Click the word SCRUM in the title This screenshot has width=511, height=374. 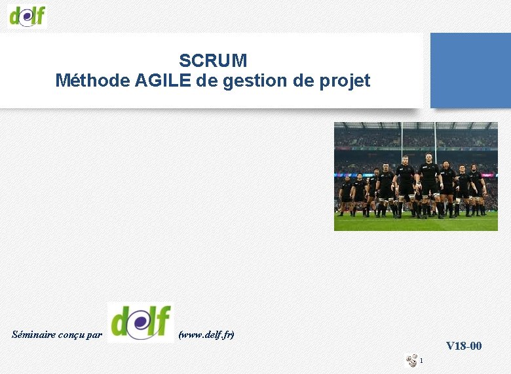[x=213, y=61]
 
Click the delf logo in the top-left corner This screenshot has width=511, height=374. [x=28, y=14]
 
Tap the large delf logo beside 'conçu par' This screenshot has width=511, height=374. [x=140, y=322]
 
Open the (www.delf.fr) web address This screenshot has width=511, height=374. [x=206, y=335]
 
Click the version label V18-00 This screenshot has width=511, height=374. [x=464, y=346]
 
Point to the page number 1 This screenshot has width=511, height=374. [x=423, y=360]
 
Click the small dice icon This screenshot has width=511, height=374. [x=412, y=360]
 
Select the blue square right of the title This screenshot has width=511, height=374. [x=470, y=70]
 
